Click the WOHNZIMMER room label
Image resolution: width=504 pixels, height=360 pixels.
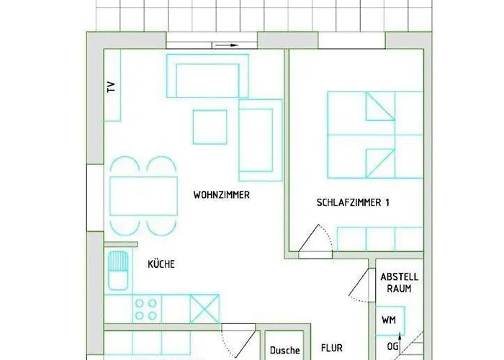click(x=222, y=195)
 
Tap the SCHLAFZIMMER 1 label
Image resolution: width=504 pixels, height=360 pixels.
click(x=353, y=203)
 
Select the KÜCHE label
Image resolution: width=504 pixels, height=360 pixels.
click(x=161, y=264)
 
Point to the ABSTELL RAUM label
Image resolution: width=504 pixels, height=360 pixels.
click(x=399, y=282)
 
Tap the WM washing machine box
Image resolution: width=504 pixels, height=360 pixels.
click(x=389, y=319)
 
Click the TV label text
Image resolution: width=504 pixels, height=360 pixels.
click(x=111, y=88)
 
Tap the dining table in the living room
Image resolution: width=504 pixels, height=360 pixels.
click(x=143, y=196)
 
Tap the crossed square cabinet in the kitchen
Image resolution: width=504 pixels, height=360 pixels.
click(x=204, y=309)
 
